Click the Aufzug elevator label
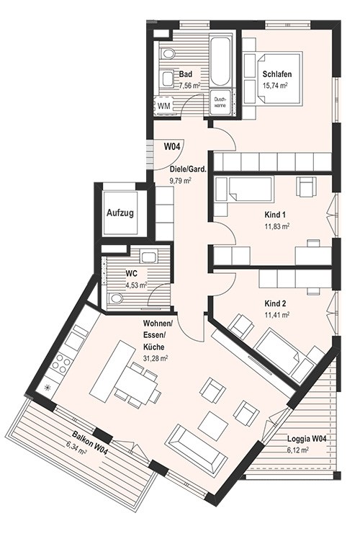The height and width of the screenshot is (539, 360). (120, 213)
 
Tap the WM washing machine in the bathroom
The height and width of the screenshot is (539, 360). (165, 105)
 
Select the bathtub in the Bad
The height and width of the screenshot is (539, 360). (220, 61)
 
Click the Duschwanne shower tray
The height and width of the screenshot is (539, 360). (220, 102)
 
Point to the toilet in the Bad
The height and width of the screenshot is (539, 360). (167, 53)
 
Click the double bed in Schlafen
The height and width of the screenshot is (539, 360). (279, 78)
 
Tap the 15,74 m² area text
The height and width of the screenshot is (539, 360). (275, 85)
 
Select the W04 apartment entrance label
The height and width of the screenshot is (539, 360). (172, 147)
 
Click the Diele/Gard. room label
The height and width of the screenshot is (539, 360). (188, 169)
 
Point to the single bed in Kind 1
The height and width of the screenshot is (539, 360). (245, 188)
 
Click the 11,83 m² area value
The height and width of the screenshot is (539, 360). (277, 226)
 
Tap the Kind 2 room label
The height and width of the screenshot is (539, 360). (275, 303)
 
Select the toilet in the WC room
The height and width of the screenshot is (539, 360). (115, 298)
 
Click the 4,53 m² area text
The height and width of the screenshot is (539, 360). (135, 285)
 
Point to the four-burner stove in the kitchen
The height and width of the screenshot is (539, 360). (61, 364)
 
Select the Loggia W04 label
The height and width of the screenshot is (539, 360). (307, 439)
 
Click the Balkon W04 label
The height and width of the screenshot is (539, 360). (90, 443)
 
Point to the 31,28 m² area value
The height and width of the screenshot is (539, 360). (156, 358)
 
